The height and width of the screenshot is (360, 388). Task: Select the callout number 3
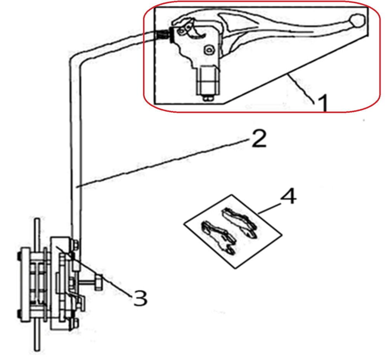[140, 297]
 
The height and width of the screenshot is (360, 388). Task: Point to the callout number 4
[288, 197]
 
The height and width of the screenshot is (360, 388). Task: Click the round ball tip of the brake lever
[357, 21]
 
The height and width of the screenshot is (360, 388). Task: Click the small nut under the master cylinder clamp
[208, 98]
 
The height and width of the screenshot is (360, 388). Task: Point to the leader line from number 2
[162, 163]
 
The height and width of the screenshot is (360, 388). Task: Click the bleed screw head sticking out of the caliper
[99, 282]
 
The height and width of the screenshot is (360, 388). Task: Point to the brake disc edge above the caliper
[37, 233]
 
